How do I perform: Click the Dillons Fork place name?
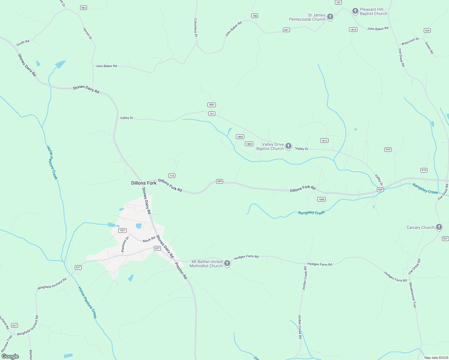coord(144,183)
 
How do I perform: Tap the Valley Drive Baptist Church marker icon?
coord(288,146)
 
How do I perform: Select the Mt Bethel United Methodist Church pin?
coord(227,263)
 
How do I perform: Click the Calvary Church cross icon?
coord(439,227)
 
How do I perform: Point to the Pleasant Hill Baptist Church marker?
coord(355,11)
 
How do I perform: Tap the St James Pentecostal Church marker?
coord(330,17)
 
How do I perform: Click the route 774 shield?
coord(172,176)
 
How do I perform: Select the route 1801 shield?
coord(212,105)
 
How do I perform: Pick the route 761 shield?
coord(212,114)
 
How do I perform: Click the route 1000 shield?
coord(321,199)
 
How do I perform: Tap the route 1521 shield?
coord(122,230)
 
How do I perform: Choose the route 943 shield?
coord(388,149)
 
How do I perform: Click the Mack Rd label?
coord(149,239)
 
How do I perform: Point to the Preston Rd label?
coord(181,271)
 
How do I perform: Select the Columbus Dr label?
coord(196,27)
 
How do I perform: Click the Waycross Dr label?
coord(410,41)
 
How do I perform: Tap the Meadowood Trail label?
coord(413,295)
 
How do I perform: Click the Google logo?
coord(10,356)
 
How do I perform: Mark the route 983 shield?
coord(83,8)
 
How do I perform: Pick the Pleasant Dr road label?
coord(125,244)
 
